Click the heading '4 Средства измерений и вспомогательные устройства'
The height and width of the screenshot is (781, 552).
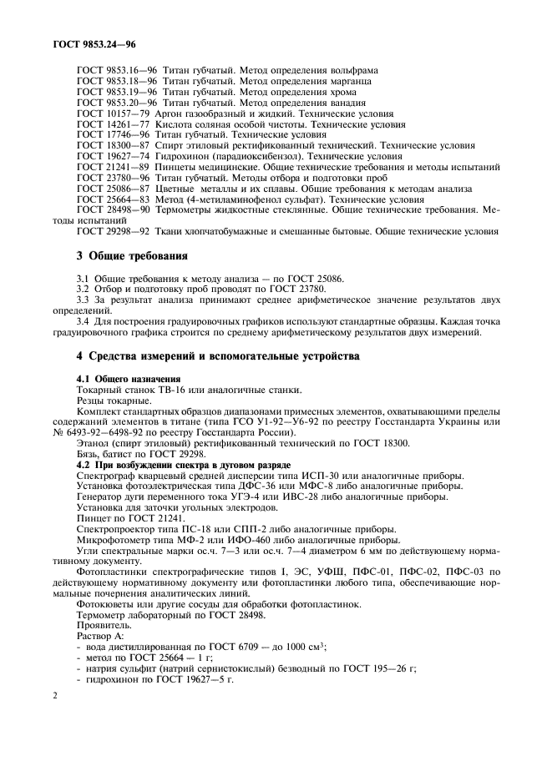click(207, 356)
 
